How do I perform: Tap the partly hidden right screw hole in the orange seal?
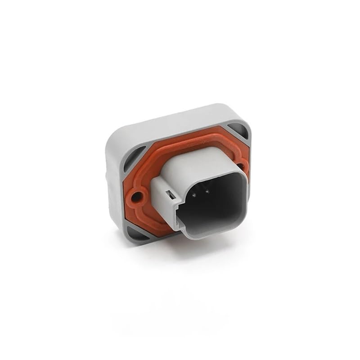(242, 167)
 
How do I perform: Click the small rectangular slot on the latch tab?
(170, 194)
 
